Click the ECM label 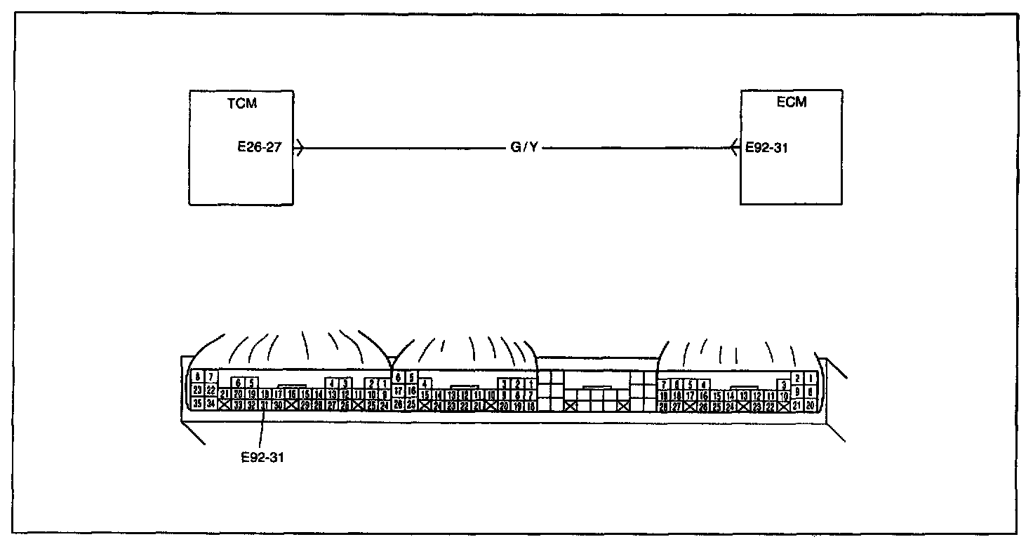point(792,102)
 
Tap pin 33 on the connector point(238,404)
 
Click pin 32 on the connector point(251,404)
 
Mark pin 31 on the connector point(265,404)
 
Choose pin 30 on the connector point(278,404)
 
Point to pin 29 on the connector point(305,404)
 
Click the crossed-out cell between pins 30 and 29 point(291,404)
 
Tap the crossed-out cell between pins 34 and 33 point(225,404)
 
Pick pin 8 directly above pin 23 point(198,378)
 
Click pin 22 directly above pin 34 point(211,390)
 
